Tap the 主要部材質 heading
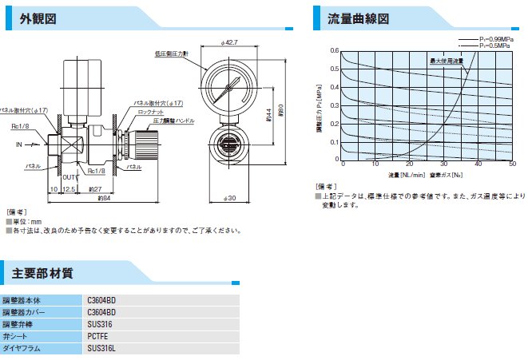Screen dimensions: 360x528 43,274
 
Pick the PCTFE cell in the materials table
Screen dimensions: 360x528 97,336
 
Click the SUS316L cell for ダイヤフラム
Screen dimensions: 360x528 101,348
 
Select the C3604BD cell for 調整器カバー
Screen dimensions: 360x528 101,312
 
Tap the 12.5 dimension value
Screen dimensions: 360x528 69,189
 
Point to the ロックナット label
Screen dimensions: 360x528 149,113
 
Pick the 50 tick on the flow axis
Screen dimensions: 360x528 512,164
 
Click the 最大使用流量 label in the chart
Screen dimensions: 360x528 447,60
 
